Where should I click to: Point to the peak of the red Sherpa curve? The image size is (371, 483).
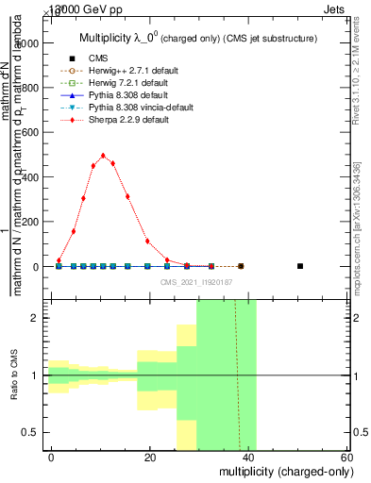coord(103,156)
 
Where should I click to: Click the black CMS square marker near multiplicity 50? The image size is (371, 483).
coord(299,266)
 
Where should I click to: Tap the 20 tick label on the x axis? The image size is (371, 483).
coord(150,457)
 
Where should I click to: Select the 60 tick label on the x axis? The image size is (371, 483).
coord(346,457)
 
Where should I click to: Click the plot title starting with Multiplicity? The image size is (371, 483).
coord(197,37)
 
